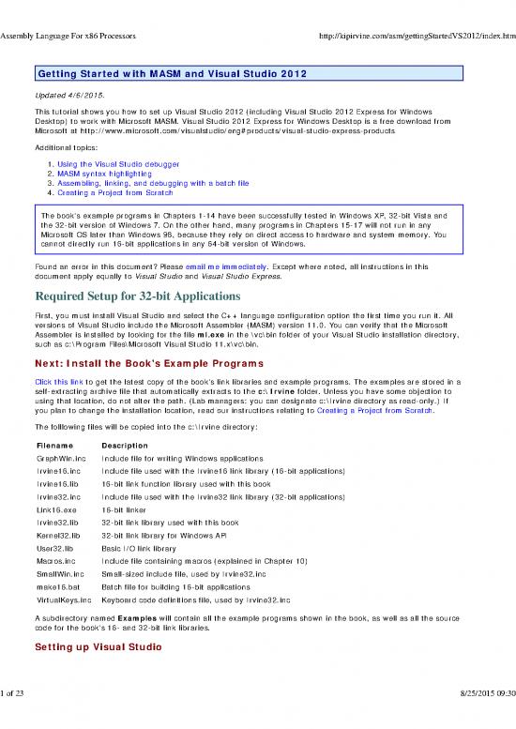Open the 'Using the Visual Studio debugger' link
(108, 164)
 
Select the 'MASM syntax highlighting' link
(97, 175)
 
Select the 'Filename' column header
(53, 445)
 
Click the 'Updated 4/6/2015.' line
(70, 95)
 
